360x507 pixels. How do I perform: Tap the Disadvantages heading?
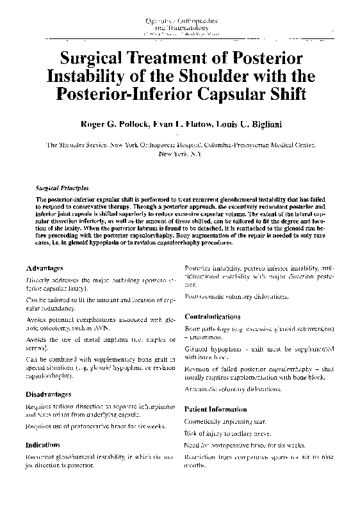[49, 394]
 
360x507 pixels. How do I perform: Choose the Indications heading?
[43, 444]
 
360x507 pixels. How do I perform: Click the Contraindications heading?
[213, 317]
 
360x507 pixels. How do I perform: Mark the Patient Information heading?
[215, 409]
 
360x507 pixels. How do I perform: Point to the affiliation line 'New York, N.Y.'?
[179, 154]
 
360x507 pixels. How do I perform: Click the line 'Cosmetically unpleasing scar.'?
[228, 422]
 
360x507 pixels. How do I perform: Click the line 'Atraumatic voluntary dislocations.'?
[233, 389]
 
